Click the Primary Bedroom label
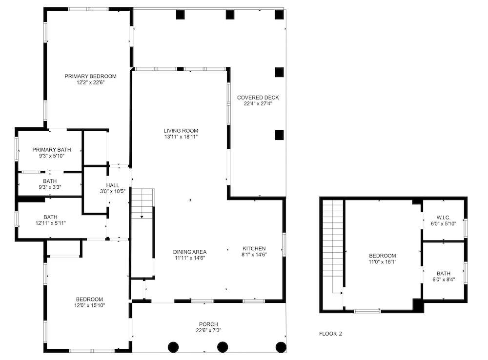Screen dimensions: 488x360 (91, 76)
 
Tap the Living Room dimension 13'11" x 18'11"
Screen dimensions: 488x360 (181, 137)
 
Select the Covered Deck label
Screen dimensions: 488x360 (258, 98)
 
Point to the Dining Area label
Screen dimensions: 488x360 (190, 252)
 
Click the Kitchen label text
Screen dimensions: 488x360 (254, 248)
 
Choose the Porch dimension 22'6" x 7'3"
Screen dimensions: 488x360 (208, 330)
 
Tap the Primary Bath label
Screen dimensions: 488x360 (52, 150)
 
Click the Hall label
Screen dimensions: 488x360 (113, 185)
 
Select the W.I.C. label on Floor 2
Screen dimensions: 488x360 (444, 218)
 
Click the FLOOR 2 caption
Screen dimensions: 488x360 (330, 334)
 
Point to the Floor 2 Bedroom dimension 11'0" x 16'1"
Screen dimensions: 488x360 (383, 261)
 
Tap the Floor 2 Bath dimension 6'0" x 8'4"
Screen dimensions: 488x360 (444, 280)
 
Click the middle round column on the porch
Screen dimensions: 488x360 (222, 347)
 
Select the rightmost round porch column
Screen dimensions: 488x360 (281, 347)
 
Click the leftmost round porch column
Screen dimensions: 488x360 (173, 347)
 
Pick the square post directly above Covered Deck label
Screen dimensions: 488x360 (279, 72)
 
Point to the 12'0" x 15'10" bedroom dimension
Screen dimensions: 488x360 (90, 305)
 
